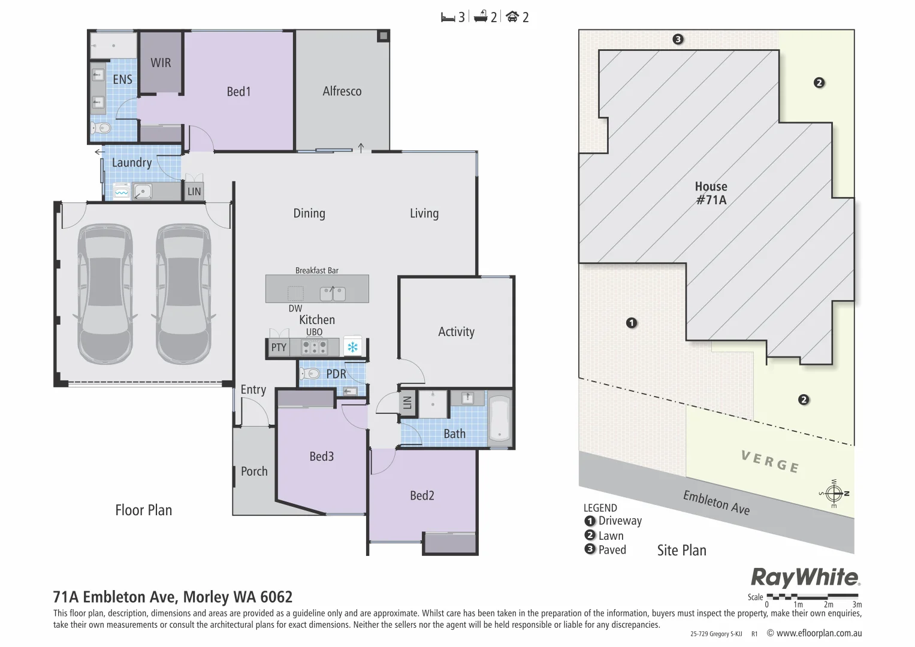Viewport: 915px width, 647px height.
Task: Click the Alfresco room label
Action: pyautogui.click(x=342, y=91)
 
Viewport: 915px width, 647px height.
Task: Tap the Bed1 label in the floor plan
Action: pyautogui.click(x=238, y=92)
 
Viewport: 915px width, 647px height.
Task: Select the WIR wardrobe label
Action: pyautogui.click(x=161, y=63)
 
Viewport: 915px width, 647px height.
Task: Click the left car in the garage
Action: pyautogui.click(x=105, y=294)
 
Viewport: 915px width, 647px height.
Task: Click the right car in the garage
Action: pyautogui.click(x=183, y=294)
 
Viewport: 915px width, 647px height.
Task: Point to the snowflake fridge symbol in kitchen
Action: pyautogui.click(x=353, y=347)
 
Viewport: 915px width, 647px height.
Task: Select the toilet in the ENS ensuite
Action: pyautogui.click(x=101, y=128)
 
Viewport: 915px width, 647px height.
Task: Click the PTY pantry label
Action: pyautogui.click(x=279, y=347)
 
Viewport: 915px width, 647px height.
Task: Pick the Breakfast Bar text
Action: pyautogui.click(x=316, y=270)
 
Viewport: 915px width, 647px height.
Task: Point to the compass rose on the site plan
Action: pyautogui.click(x=834, y=494)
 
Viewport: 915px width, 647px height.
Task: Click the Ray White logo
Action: pyautogui.click(x=805, y=578)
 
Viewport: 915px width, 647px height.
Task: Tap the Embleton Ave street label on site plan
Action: pyautogui.click(x=716, y=503)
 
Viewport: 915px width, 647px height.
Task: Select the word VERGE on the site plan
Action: pyautogui.click(x=770, y=462)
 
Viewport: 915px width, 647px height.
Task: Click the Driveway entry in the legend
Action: pyautogui.click(x=614, y=521)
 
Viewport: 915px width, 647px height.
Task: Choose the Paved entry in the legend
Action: pyautogui.click(x=606, y=550)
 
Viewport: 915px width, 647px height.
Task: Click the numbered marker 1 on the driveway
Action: pyautogui.click(x=632, y=323)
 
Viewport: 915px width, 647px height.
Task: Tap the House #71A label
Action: pyautogui.click(x=711, y=193)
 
